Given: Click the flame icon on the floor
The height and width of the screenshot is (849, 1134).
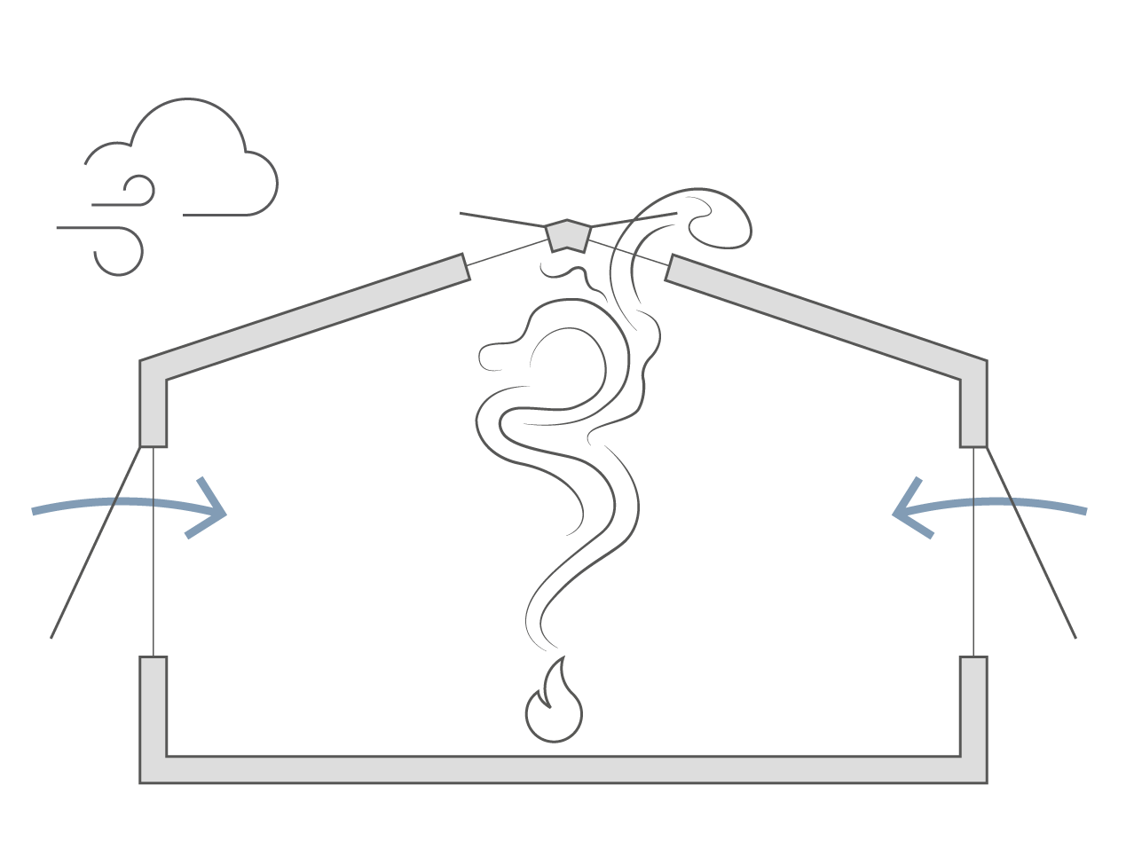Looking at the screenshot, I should pyautogui.click(x=554, y=705).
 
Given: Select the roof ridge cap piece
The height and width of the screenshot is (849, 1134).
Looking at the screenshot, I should pyautogui.click(x=565, y=234).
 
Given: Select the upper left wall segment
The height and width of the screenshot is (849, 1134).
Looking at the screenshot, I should pyautogui.click(x=154, y=408).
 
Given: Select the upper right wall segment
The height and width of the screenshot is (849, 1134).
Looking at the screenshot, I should pyautogui.click(x=974, y=408).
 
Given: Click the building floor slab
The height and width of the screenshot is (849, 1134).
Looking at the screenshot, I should pyautogui.click(x=564, y=769).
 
